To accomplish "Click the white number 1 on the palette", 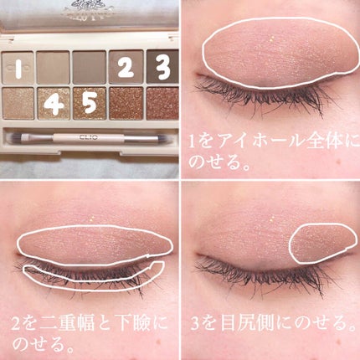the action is [18, 68].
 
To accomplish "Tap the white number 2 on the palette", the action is [126, 67].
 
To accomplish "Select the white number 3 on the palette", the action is [162, 67].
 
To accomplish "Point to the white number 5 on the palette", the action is [90, 102].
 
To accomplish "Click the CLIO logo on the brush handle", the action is [88, 136].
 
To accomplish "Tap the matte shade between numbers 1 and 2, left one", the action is [53, 67].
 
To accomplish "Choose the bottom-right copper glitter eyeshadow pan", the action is [162, 104].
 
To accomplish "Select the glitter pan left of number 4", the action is [18, 104].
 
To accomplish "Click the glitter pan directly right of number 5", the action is [126, 104].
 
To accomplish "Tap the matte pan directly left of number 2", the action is [90, 67].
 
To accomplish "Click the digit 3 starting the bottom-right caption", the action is [195, 324].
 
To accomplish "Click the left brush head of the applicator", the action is [14, 136].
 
